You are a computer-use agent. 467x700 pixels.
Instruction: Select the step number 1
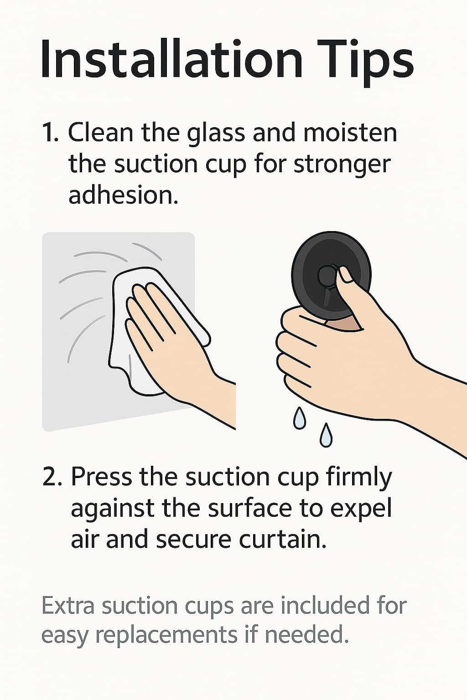[x=50, y=133]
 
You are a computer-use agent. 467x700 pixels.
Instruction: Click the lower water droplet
[x=326, y=435]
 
